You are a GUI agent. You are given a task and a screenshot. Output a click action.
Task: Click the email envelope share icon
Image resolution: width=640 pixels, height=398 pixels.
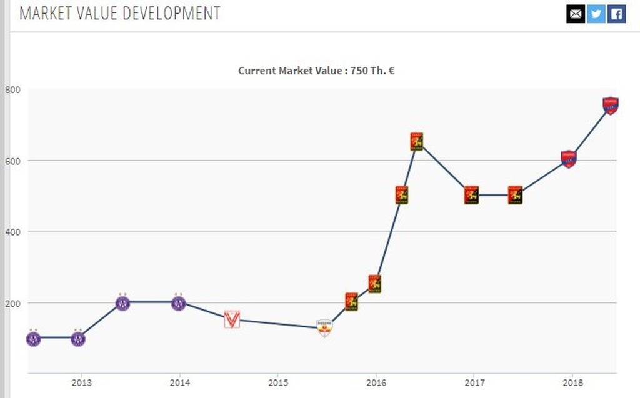tap(576, 14)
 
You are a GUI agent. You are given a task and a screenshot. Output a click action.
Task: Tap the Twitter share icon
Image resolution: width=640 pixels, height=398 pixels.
tap(596, 14)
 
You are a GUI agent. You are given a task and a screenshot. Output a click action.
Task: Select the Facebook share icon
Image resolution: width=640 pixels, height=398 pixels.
tap(616, 14)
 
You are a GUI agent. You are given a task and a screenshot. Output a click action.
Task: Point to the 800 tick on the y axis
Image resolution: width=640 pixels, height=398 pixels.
tap(13, 89)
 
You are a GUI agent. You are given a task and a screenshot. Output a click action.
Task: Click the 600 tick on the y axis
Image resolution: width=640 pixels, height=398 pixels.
tap(13, 161)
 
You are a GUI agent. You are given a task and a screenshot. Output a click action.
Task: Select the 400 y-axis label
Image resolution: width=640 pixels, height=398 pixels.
tap(13, 232)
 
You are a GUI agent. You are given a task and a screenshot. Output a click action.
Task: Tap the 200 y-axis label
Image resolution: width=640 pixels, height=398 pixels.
tap(13, 303)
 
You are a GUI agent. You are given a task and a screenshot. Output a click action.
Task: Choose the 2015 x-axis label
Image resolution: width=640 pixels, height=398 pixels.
tap(278, 382)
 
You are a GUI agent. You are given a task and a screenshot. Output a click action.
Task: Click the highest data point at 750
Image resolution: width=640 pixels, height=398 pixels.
tap(610, 106)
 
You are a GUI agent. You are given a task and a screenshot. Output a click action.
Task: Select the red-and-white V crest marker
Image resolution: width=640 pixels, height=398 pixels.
tap(232, 319)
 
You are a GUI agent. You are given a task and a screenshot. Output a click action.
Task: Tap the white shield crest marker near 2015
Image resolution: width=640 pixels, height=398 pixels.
tap(324, 327)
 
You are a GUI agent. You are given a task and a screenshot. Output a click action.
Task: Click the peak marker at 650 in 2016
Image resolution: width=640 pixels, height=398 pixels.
tap(417, 142)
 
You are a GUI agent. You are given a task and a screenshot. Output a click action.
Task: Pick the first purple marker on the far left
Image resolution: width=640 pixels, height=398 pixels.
tap(33, 339)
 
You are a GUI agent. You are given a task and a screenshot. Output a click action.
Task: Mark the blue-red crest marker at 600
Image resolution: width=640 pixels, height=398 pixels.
tap(568, 159)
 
